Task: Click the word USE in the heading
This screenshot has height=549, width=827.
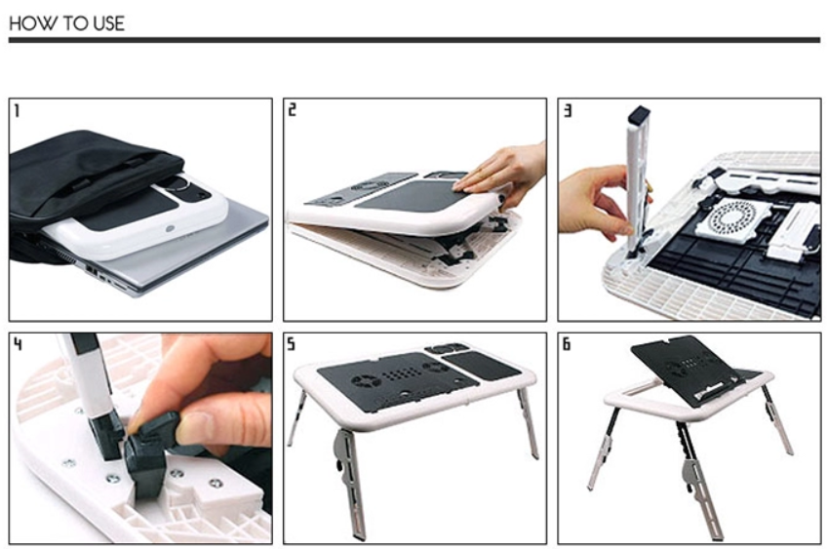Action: [109, 23]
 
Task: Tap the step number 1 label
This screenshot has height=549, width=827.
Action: [17, 111]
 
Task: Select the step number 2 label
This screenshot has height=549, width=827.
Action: [292, 109]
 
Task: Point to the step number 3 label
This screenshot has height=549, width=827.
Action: [568, 110]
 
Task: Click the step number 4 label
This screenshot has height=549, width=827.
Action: [18, 344]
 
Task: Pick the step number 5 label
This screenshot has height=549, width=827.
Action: [292, 344]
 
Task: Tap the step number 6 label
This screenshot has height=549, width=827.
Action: [567, 344]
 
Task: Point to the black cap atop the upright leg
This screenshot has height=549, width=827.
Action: [639, 114]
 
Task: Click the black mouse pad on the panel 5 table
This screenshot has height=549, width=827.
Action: [481, 366]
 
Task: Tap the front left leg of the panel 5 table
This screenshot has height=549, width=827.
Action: [350, 484]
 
